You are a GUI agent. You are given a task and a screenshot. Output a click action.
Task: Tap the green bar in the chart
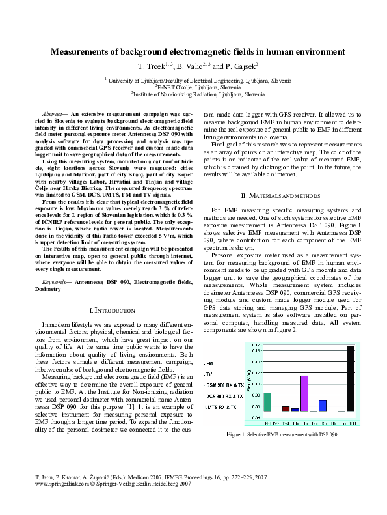[267, 402]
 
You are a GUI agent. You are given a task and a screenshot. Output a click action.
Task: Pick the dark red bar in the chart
[286, 409]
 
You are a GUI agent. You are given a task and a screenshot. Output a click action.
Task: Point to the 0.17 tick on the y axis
[256, 345]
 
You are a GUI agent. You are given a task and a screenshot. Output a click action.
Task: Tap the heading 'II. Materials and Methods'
[282, 195]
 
